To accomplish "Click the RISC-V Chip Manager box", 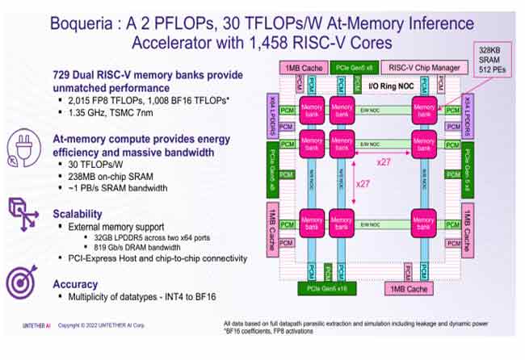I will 426,68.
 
